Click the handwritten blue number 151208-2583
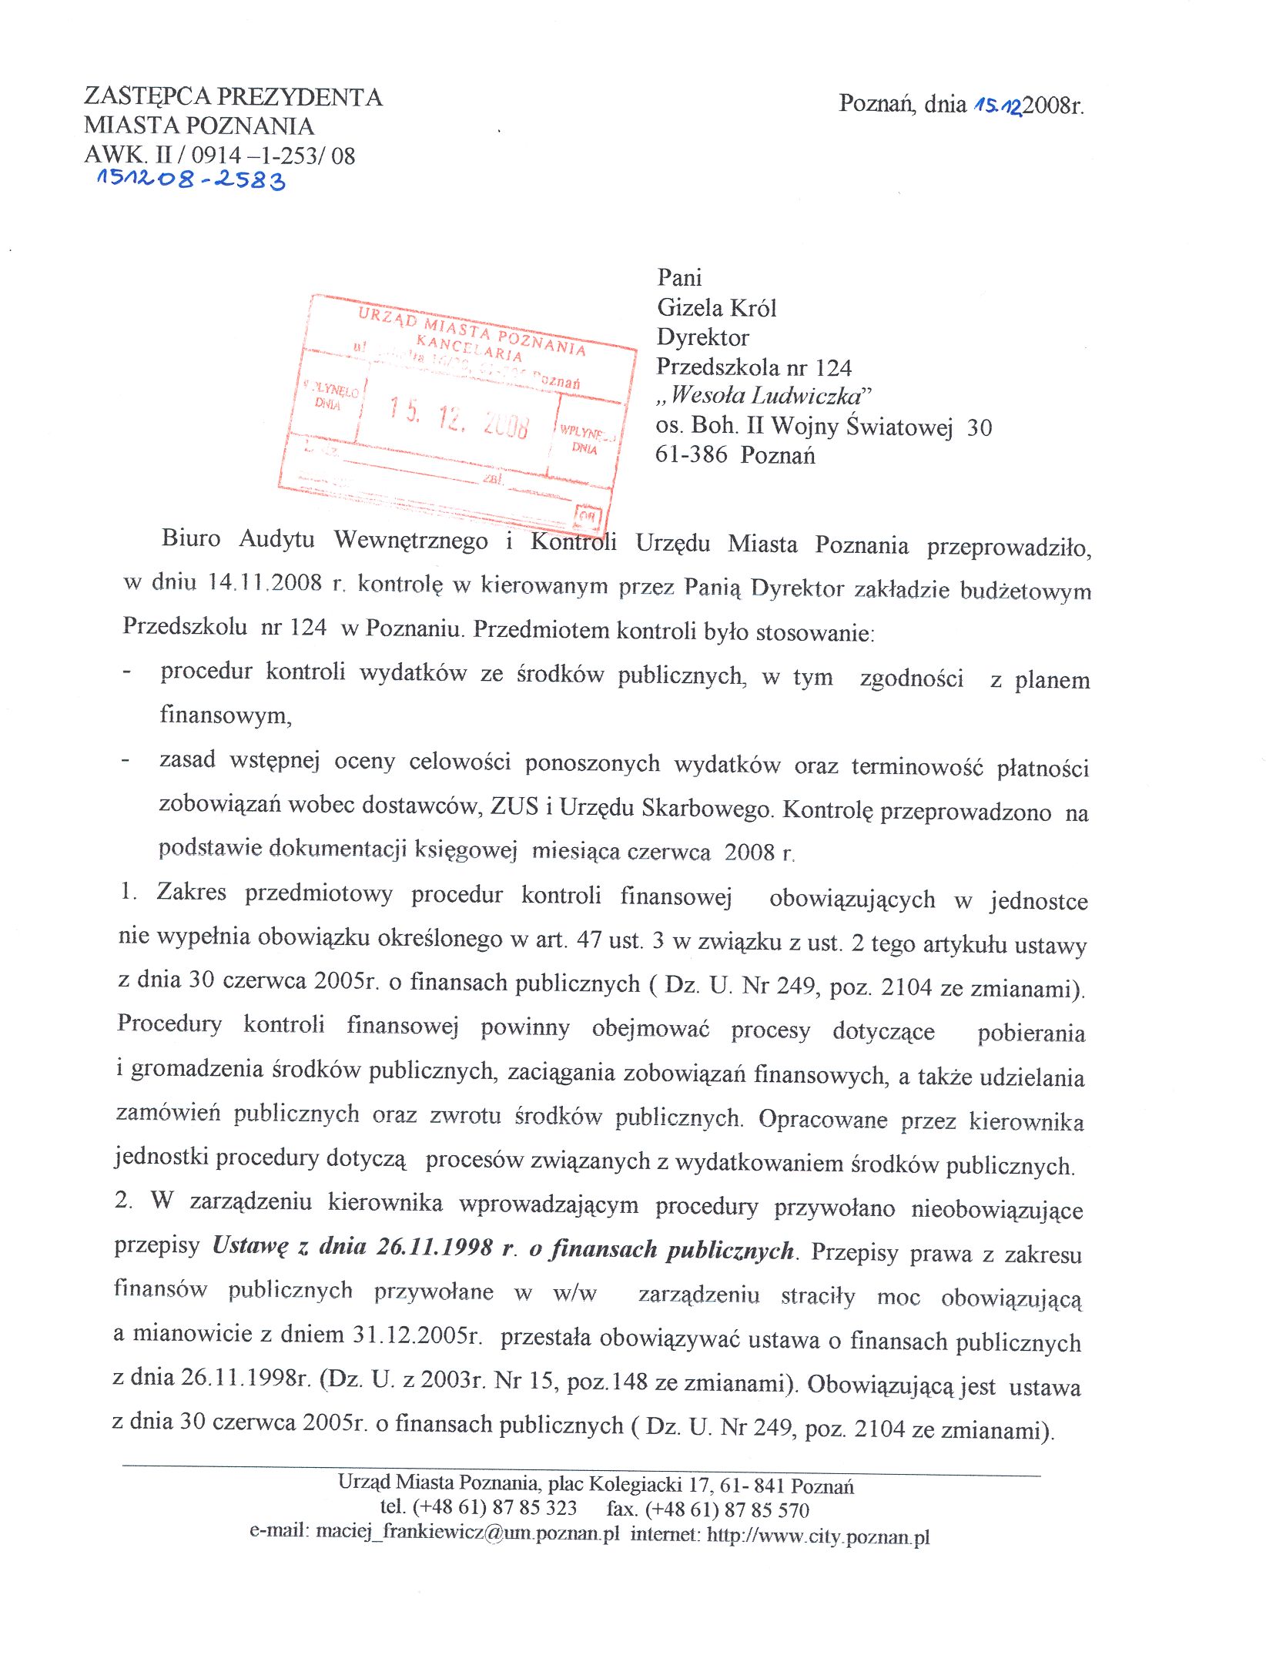pos(190,180)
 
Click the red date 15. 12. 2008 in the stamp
pos(459,417)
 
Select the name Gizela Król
pos(716,308)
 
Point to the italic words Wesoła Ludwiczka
pos(766,396)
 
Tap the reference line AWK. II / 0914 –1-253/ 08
pos(219,155)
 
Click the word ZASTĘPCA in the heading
pos(147,97)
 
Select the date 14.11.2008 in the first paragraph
pos(264,583)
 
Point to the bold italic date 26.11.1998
pos(434,1247)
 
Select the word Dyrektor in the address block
pos(702,337)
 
